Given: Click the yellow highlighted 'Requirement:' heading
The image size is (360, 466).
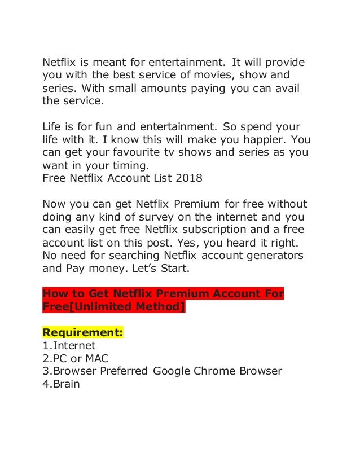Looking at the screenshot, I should tap(83, 333).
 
